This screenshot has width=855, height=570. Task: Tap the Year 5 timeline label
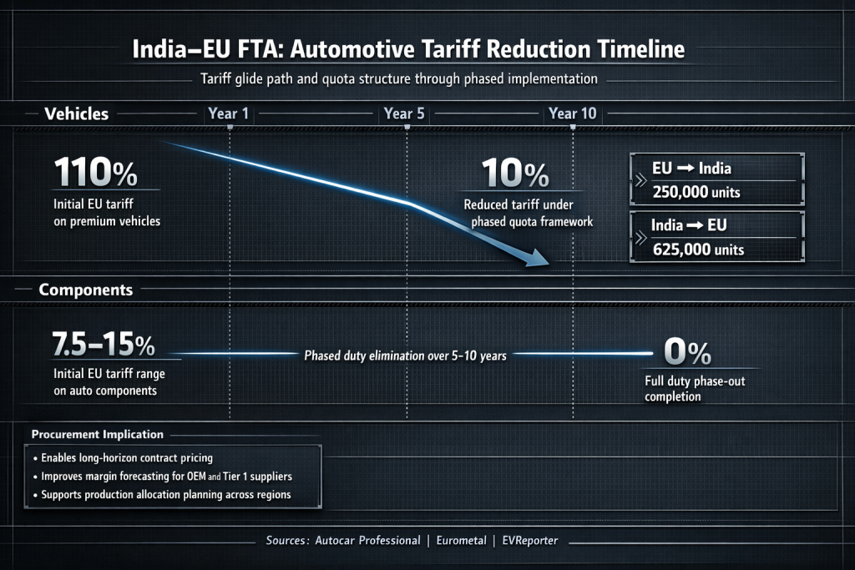[405, 113]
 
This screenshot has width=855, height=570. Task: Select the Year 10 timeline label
[572, 113]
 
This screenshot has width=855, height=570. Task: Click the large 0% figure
[687, 351]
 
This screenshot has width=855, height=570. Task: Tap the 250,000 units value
[695, 193]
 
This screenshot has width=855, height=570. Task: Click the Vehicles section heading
[76, 113]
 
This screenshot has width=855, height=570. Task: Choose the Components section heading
[86, 290]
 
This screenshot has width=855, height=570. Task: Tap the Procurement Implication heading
[97, 435]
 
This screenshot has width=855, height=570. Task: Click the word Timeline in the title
[633, 49]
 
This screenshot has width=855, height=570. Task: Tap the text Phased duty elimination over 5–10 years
[406, 355]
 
